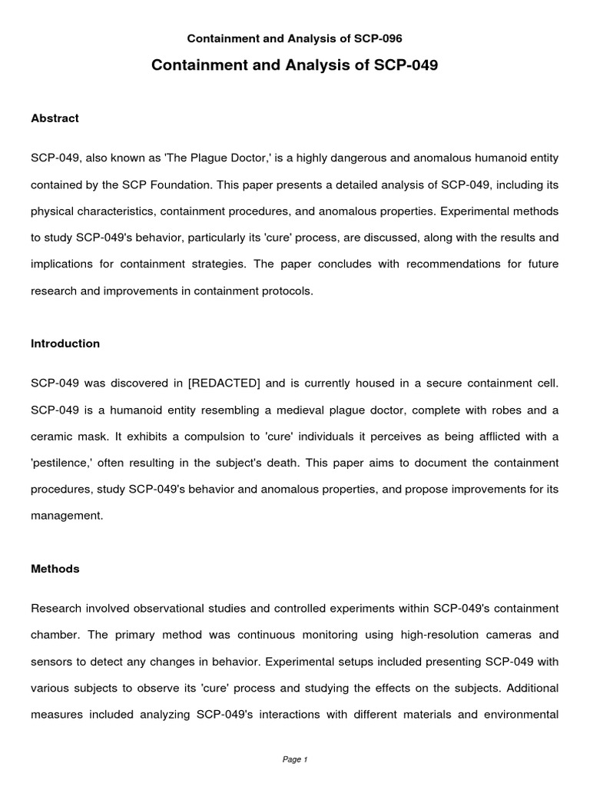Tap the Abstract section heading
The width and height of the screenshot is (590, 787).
[x=55, y=118]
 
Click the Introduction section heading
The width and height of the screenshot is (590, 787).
[x=65, y=344]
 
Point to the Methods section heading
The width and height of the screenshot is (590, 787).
[x=55, y=569]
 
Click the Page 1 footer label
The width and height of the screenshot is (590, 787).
[x=295, y=759]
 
